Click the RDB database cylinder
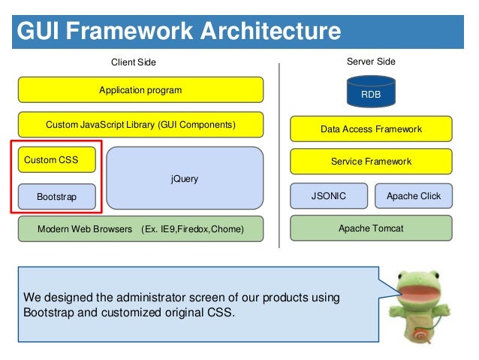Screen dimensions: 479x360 [x=371, y=92]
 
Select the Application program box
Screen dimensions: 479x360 [x=140, y=89]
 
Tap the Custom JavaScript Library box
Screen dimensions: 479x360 [x=140, y=125]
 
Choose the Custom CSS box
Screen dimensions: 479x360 [x=57, y=159]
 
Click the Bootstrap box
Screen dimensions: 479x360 [x=57, y=197]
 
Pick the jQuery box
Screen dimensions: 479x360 [x=185, y=178]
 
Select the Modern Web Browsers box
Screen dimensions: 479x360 [x=140, y=228]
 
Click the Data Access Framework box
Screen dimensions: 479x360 [x=371, y=129]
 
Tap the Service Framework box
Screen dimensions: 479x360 [x=371, y=161]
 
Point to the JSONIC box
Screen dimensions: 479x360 [x=329, y=195]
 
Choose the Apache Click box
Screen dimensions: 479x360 [x=414, y=195]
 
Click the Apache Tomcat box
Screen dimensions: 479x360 [x=371, y=228]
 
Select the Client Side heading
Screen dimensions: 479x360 [x=134, y=62]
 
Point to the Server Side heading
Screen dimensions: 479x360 [x=371, y=62]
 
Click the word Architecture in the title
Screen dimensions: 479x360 [x=270, y=31]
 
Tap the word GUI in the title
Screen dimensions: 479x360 [x=38, y=31]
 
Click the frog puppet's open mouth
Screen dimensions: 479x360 [x=418, y=294]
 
